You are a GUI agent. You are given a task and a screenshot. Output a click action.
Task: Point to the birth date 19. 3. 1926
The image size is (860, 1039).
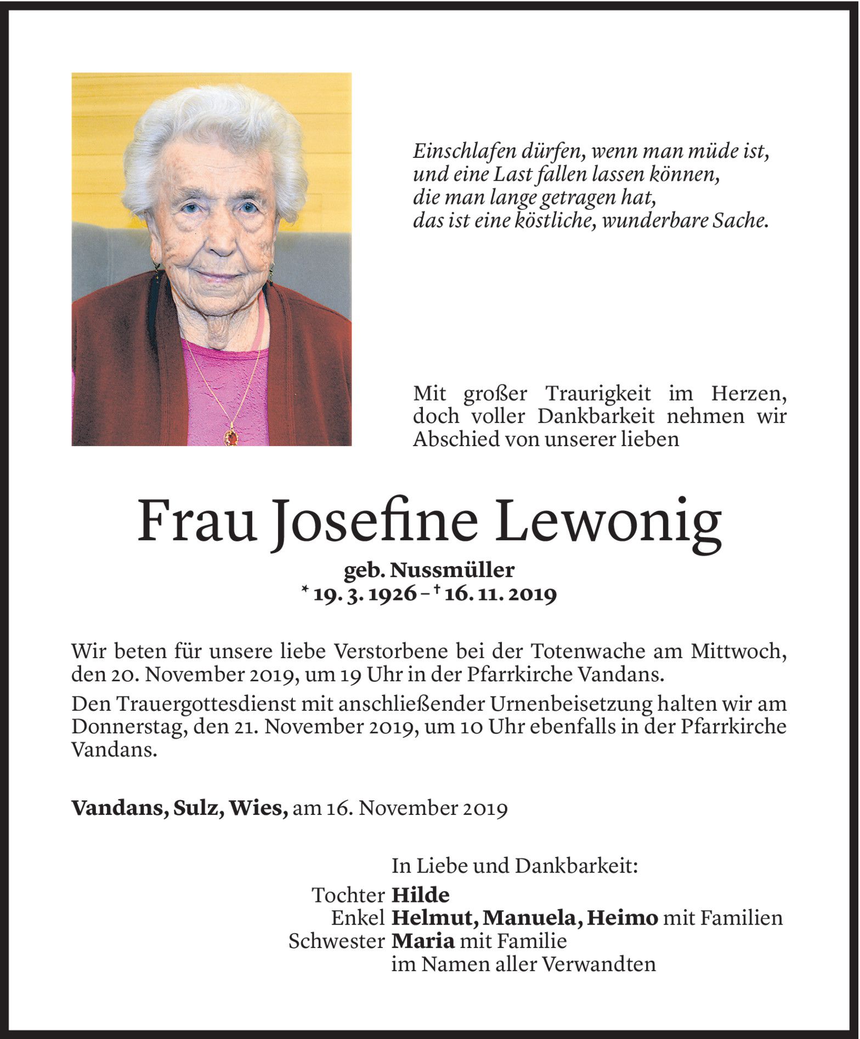click(x=364, y=594)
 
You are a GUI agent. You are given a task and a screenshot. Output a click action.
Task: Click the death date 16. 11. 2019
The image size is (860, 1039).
click(x=501, y=594)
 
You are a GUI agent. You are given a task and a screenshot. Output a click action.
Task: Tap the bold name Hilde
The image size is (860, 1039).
click(x=420, y=895)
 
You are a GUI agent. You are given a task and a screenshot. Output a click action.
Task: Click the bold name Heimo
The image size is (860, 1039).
click(x=622, y=918)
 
